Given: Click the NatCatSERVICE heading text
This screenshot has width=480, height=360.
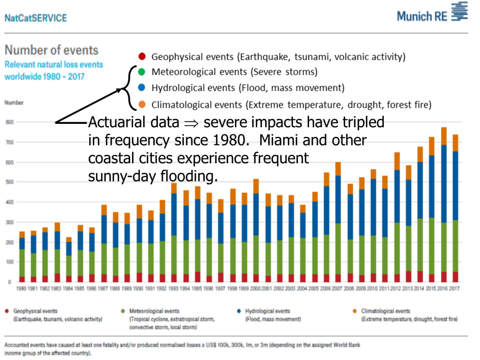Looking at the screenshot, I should [36, 18].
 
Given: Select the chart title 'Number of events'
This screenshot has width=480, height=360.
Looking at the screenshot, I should [51, 50].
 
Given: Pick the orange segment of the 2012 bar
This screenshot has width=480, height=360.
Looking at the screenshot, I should [396, 161].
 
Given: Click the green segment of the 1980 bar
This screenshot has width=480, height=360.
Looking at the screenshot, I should [21, 262].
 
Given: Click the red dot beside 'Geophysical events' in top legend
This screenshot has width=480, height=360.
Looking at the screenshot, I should [142, 57].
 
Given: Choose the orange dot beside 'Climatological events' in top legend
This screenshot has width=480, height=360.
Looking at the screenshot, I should [142, 105].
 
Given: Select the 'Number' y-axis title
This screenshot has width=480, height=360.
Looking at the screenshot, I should [14, 103].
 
